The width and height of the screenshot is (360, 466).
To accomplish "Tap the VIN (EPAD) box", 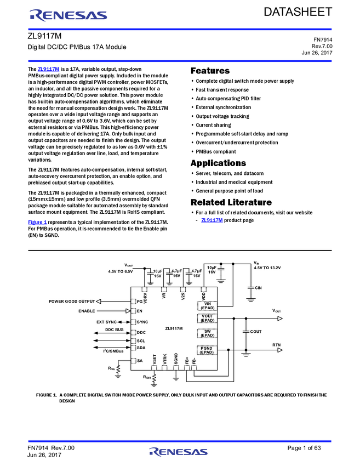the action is click(207, 306).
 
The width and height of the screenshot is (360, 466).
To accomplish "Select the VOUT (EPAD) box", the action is click(207, 318).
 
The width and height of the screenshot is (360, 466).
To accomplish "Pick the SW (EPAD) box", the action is click(207, 333).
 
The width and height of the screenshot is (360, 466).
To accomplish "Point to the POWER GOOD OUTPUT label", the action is click(72, 301).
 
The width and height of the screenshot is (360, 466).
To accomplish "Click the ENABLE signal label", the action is click(87, 311).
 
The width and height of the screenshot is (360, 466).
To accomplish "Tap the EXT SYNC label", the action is click(107, 322).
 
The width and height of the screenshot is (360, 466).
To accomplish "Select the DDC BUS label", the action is click(115, 330).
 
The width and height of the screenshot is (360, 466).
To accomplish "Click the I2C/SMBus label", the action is click(115, 351).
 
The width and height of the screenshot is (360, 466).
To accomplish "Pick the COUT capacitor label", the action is click(255, 332).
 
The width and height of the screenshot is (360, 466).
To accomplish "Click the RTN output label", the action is click(277, 345).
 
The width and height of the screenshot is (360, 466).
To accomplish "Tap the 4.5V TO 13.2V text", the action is click(267, 268).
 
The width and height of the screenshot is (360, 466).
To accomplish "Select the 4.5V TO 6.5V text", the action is click(121, 271).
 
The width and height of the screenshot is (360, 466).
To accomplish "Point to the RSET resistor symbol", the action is click(154, 378).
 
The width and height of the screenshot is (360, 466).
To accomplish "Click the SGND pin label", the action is click(176, 359).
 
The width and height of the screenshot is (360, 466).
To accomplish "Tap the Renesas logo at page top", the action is click(68, 15).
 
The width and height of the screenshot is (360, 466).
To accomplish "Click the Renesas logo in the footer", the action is click(178, 452).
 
